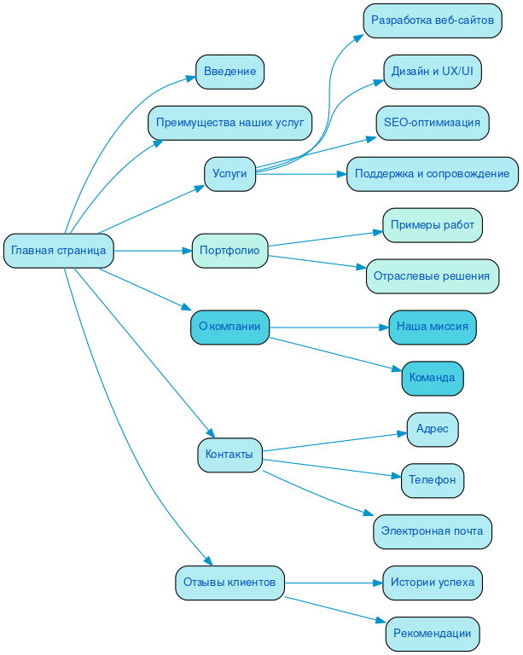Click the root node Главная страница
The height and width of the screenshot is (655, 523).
coord(59,251)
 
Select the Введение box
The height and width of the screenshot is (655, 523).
coord(230,72)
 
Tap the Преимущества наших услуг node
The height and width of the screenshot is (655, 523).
coord(230,123)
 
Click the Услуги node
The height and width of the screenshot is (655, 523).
coord(230,174)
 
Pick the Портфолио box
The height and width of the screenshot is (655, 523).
coord(230,251)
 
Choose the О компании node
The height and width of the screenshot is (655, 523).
coord(230,327)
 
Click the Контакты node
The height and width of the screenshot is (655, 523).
coord(230,455)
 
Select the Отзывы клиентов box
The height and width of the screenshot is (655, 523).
coord(230,583)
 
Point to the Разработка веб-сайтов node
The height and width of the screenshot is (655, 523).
coord(432,20)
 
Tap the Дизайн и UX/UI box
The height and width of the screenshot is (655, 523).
coord(432,72)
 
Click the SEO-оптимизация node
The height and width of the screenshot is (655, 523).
coord(432,123)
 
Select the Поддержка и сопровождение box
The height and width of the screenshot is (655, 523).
coord(432,174)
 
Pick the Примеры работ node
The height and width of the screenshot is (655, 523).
coord(432,225)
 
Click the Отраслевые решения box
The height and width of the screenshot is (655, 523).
coord(432,276)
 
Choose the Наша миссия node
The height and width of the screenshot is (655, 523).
coord(432,327)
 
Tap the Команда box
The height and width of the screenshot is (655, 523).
coord(432,378)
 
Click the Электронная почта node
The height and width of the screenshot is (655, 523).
coord(432,531)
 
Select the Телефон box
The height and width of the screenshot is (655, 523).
coord(432,480)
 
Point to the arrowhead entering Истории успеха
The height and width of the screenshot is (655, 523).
coord(377,583)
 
